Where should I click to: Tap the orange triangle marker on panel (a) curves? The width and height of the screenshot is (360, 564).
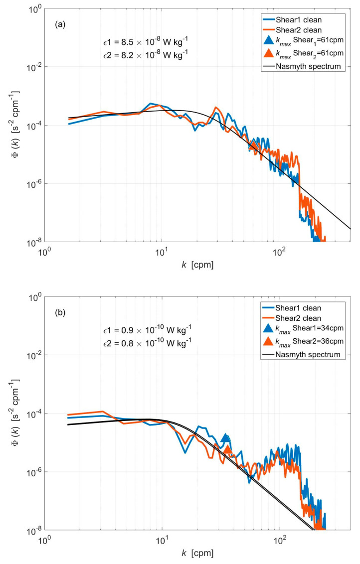254,145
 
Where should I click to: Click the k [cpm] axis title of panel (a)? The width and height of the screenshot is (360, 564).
197,266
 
